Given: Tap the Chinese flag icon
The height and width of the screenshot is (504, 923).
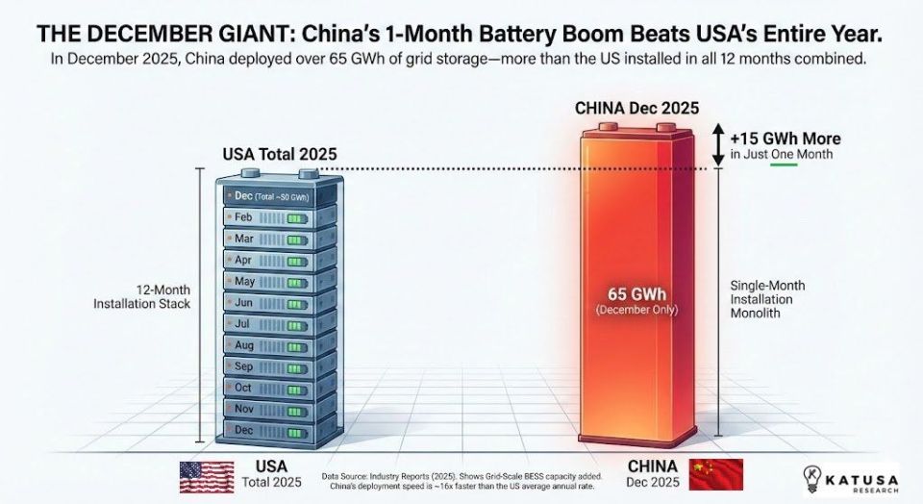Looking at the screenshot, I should click(x=716, y=475).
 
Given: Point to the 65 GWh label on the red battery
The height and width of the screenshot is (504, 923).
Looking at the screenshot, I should click(x=637, y=293).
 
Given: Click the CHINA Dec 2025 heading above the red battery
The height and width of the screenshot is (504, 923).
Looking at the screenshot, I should click(x=636, y=108).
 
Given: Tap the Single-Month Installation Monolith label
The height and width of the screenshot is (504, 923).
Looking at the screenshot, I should click(x=767, y=300).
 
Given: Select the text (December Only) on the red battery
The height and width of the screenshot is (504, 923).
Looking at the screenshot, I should click(x=636, y=310).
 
